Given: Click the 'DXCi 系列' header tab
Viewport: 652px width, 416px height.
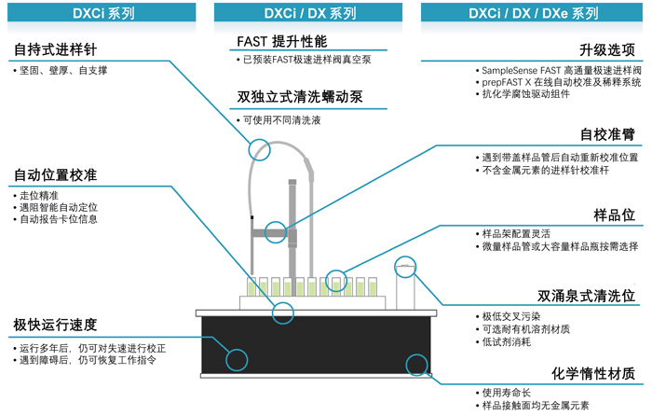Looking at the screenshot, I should point(103,12).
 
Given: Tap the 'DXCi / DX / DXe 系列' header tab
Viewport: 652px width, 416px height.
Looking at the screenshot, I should point(534,12).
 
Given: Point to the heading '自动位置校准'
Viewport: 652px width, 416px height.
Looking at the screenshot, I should point(56,175).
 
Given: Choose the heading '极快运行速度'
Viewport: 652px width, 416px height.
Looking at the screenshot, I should point(56,325).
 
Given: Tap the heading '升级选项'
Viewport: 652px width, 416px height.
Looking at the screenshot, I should point(607,49).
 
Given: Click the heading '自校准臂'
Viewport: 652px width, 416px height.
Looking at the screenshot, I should point(607,135).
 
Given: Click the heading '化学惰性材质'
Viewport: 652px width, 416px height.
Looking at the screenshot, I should point(592,373).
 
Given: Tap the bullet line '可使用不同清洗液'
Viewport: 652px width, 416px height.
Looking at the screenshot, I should point(281,120).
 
